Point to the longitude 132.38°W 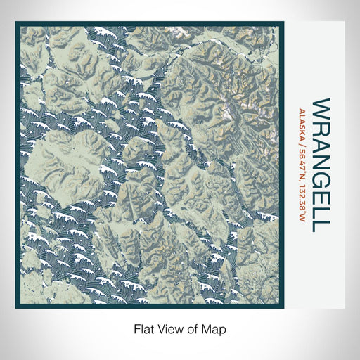[x=302, y=198]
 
